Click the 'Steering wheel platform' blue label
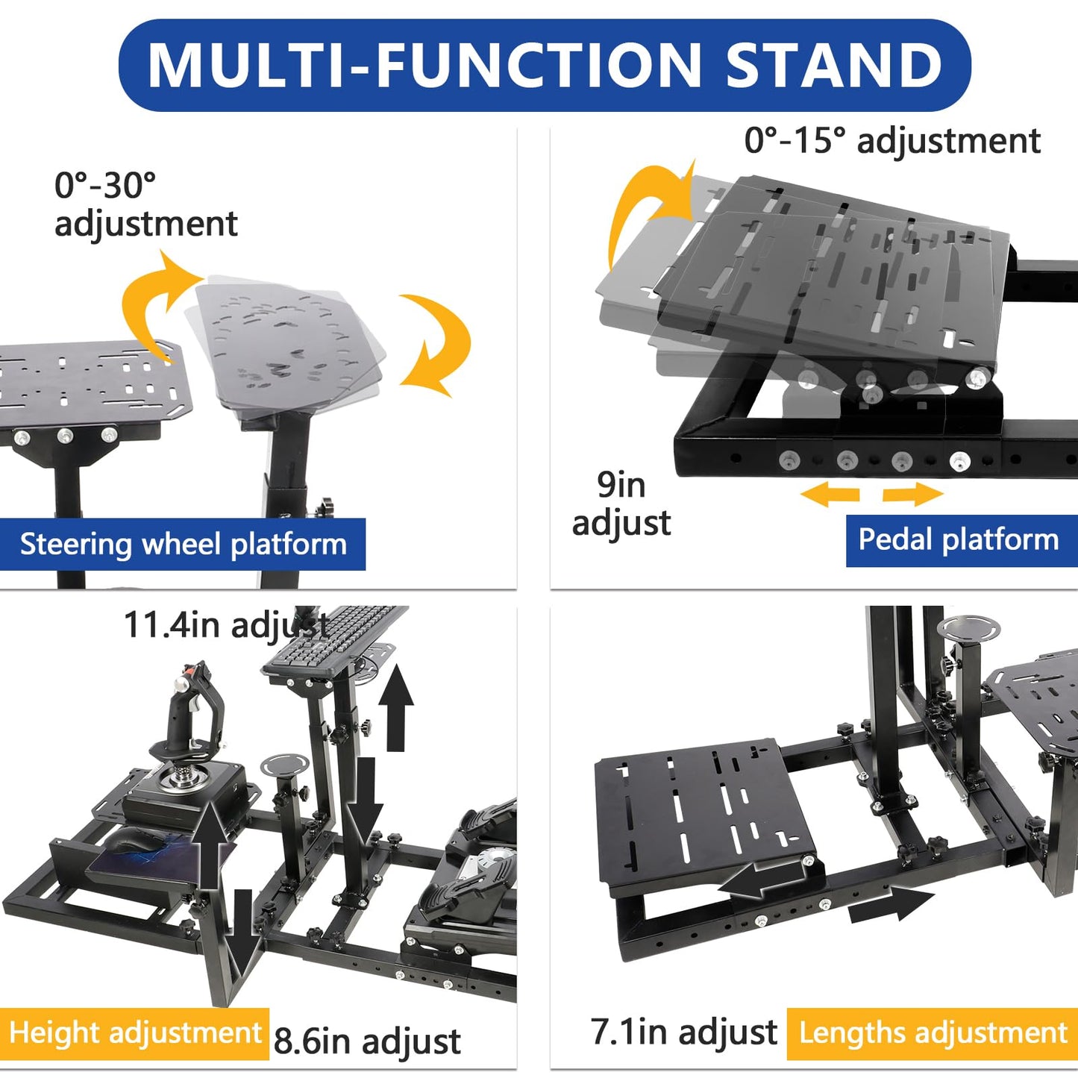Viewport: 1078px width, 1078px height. coord(182,544)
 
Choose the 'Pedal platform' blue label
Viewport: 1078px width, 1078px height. coord(961,540)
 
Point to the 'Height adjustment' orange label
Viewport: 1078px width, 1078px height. coord(134,1033)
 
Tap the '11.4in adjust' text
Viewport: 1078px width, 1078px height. coord(226,624)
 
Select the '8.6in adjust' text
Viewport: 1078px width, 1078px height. coord(367,1041)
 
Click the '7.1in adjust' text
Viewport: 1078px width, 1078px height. coord(683,1032)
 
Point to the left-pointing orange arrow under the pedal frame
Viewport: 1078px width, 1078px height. coord(830,494)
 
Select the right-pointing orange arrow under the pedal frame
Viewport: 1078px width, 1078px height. coord(913,494)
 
